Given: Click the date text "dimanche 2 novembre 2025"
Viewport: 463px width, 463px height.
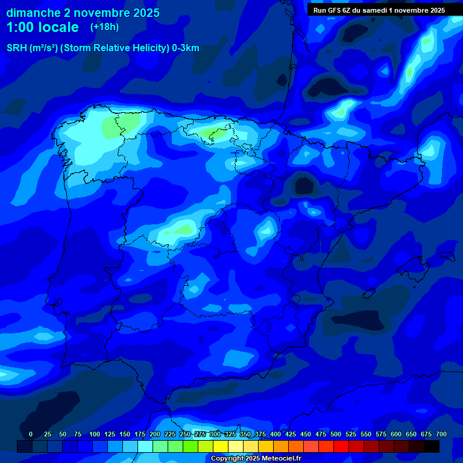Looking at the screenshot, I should [83, 13].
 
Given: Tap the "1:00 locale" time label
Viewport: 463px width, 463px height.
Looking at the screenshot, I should [42, 27].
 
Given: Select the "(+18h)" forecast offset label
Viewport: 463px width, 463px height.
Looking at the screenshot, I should [104, 27].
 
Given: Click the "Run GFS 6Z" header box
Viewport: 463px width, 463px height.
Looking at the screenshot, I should [379, 10].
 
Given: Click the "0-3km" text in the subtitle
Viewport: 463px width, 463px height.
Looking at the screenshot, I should [186, 48].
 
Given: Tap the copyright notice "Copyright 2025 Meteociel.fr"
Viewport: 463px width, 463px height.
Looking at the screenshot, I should [256, 458].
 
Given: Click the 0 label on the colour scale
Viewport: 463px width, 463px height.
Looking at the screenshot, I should [31, 434].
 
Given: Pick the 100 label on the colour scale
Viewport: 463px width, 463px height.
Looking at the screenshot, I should [95, 434].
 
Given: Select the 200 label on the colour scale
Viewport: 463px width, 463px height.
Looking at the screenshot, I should [155, 434].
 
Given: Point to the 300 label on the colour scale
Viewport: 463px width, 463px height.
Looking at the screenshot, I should [215, 434].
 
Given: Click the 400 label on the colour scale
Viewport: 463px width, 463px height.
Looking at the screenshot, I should [276, 434].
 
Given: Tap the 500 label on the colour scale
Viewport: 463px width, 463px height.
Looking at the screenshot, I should [336, 434].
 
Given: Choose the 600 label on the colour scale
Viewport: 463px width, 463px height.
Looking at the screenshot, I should [396, 434].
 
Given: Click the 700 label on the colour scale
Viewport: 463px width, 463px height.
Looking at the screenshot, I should [441, 434].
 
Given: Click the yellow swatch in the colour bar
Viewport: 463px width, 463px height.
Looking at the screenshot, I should [221, 446].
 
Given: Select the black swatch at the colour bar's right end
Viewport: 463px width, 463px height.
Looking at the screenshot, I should [432, 446].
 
